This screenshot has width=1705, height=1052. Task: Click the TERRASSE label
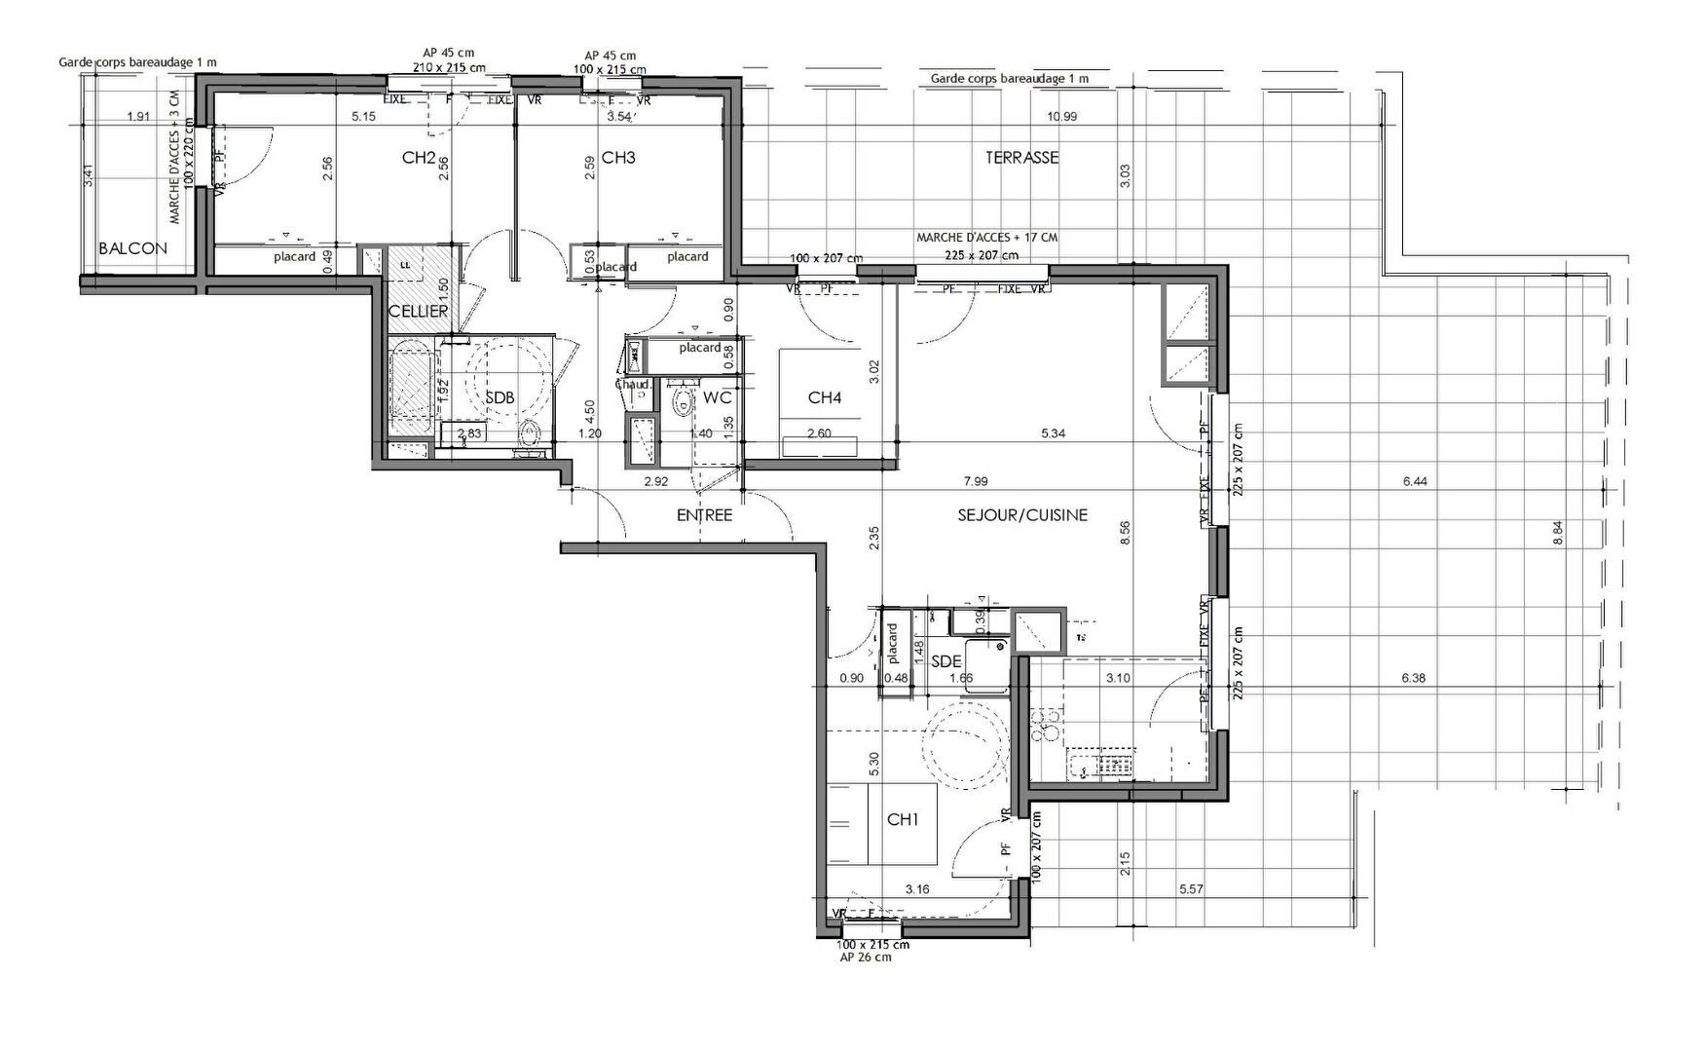coord(1021,157)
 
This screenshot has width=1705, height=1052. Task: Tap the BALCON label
coord(132,248)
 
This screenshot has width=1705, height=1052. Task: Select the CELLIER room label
coord(418,312)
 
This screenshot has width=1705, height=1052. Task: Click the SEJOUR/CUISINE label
coord(1022,514)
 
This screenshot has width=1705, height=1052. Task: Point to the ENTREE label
coord(704,515)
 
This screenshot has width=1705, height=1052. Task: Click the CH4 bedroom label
coord(824,397)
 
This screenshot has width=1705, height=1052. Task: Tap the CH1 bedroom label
coord(903,820)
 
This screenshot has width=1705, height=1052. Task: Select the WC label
coord(717,397)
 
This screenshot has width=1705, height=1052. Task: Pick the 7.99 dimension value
coord(975,481)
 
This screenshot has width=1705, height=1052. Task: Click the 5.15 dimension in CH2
coord(363,117)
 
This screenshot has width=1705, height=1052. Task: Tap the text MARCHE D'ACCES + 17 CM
coord(986,238)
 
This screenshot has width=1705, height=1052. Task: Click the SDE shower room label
coord(945,661)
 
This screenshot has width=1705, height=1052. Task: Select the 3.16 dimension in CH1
coord(917,889)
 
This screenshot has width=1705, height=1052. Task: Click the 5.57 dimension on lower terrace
coord(1191,889)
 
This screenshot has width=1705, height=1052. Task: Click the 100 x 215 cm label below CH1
coord(873,945)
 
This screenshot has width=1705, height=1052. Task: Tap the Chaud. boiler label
coord(634,385)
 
